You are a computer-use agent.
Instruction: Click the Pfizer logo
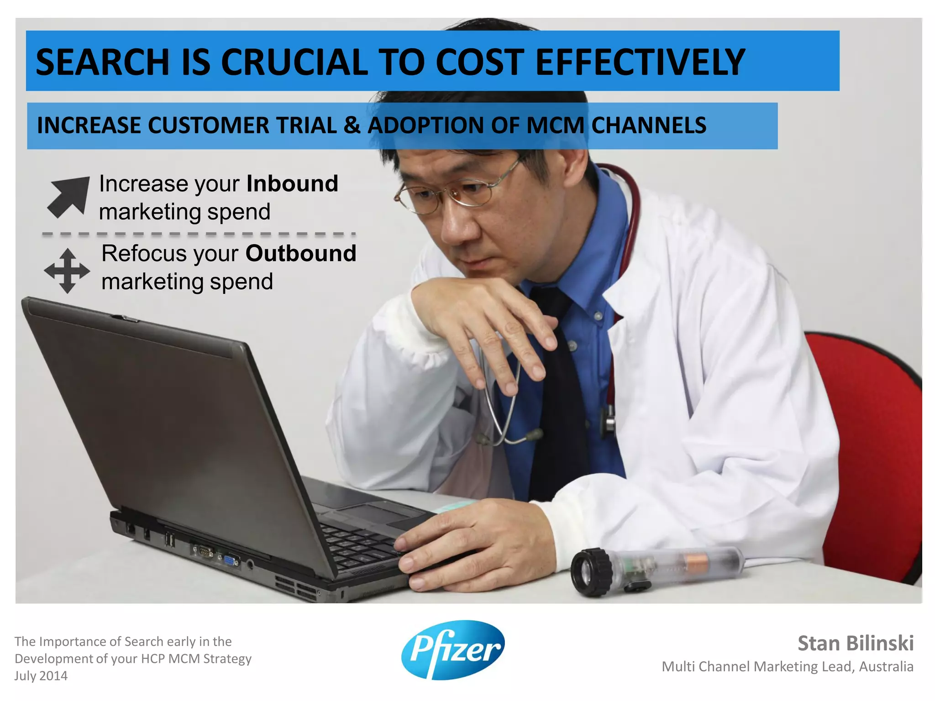click(x=453, y=649)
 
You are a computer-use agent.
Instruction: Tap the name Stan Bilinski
click(x=855, y=643)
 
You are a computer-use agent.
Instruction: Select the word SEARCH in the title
click(x=102, y=62)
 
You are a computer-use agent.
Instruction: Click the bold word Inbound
click(x=292, y=183)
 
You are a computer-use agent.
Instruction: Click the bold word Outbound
click(x=301, y=253)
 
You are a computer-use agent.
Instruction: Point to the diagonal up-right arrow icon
click(x=69, y=196)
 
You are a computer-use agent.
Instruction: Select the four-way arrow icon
click(x=67, y=270)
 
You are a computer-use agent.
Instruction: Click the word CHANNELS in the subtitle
click(x=648, y=126)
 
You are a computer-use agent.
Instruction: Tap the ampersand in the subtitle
click(x=352, y=126)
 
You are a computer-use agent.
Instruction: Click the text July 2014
click(x=41, y=675)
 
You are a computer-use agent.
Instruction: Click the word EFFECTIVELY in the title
click(x=639, y=62)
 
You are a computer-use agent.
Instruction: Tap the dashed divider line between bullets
click(x=199, y=234)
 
